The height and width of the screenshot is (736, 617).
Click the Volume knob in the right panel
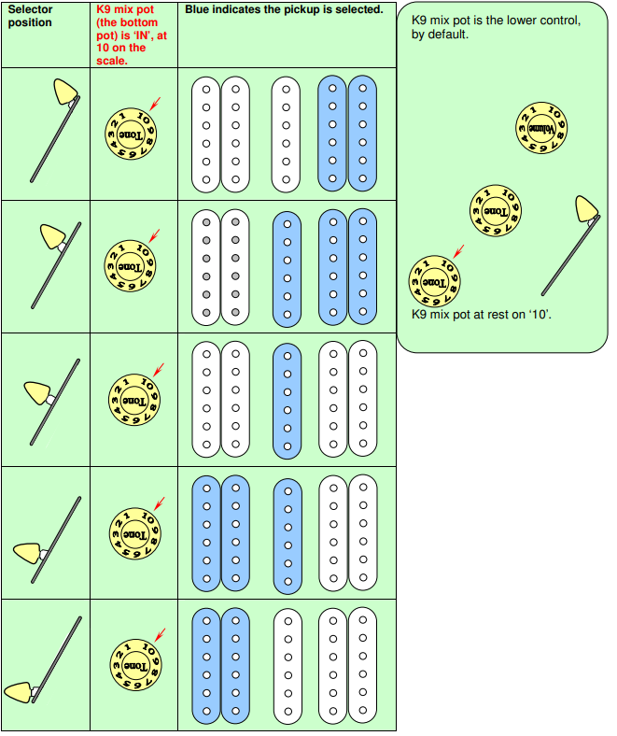tap(543, 127)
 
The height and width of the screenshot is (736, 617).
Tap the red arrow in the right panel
tap(457, 250)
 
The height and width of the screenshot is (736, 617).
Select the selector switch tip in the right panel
tap(586, 210)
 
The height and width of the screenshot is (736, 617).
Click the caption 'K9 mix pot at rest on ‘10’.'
tap(481, 315)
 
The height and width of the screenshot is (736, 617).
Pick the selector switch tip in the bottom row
tap(21, 692)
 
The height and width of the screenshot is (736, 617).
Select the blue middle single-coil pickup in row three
tap(287, 400)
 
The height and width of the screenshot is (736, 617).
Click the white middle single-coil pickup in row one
tap(287, 134)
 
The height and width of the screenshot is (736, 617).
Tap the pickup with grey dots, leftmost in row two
tap(206, 266)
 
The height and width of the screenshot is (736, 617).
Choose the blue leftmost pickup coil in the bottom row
tap(206, 665)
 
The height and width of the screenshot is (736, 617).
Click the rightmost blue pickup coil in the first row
tap(362, 134)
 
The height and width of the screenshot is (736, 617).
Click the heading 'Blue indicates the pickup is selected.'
tap(284, 9)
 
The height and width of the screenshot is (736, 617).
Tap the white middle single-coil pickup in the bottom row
tap(288, 665)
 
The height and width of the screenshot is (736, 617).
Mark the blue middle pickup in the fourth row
tap(288, 533)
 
